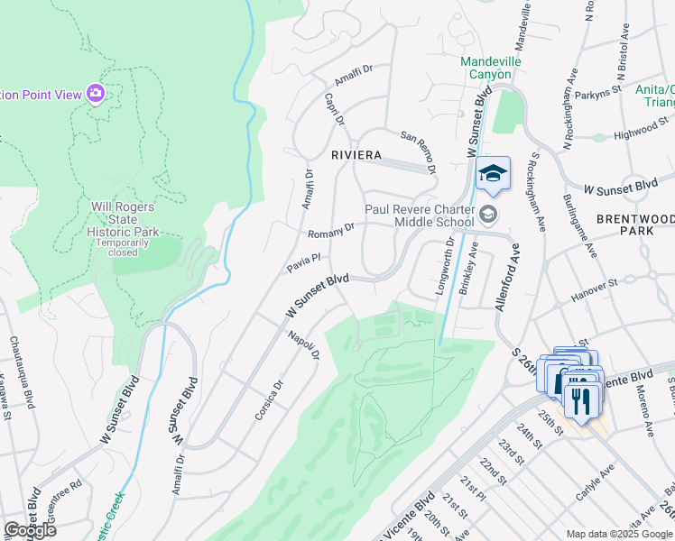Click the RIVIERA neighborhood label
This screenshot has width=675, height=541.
pos(356,155)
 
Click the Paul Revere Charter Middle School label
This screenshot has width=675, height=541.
pos(431,215)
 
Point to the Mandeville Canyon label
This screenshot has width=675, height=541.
pos(486,68)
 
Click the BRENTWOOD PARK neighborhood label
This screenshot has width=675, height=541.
pos(635,225)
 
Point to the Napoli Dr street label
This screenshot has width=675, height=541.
pos(304,344)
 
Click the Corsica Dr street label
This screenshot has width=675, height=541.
pos(269,392)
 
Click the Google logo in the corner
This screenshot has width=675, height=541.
pos(30,530)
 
